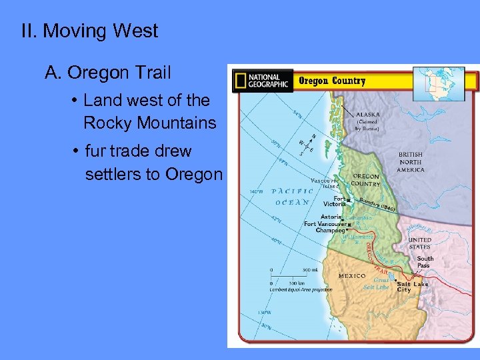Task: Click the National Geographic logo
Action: pos(261,81)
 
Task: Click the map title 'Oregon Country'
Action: pos(331,81)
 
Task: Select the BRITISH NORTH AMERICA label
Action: pos(411,162)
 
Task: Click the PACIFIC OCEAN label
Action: pos(292,196)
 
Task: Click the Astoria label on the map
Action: pos(331,217)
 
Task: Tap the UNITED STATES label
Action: pos(419,243)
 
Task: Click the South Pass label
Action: pos(425,262)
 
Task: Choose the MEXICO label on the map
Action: pos(351,275)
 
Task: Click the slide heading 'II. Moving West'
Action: pos(90,31)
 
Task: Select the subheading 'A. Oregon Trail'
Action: pos(107,72)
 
